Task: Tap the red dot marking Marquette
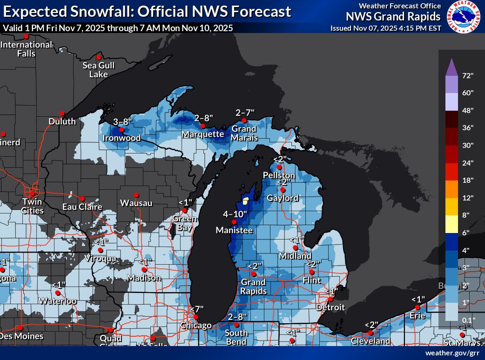click(x=203, y=126)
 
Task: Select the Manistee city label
click(x=234, y=230)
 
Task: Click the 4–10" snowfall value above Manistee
click(x=235, y=214)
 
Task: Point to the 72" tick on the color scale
click(x=468, y=75)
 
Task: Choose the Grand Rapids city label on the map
click(x=253, y=287)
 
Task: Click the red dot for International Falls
click(x=26, y=36)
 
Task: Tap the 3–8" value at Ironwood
click(x=123, y=122)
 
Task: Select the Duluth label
click(x=62, y=121)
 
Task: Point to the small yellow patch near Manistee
click(x=245, y=201)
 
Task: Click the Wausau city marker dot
click(x=136, y=195)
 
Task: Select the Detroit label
click(x=330, y=307)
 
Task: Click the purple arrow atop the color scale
click(x=451, y=68)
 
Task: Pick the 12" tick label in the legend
click(x=468, y=198)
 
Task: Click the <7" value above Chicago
click(x=197, y=309)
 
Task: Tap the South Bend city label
click(x=236, y=337)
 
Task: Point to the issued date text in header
click(x=386, y=28)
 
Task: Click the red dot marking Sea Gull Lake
click(x=99, y=57)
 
